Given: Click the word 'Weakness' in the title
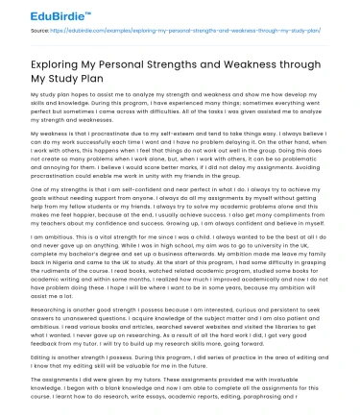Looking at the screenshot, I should coord(246,67).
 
